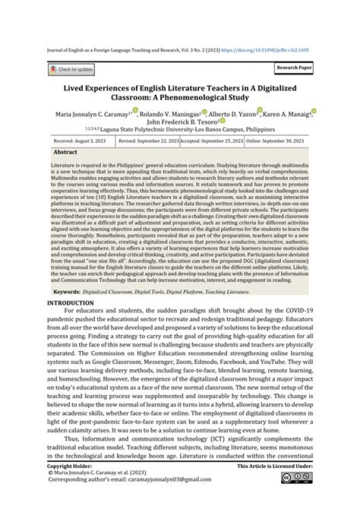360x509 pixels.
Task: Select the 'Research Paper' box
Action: [293, 67]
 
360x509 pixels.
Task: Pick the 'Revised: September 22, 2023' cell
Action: [148, 141]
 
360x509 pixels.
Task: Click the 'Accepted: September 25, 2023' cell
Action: [212, 141]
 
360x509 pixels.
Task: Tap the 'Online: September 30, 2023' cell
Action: [276, 141]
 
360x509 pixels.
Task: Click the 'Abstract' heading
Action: [65, 152]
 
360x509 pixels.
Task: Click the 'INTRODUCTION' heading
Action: [70, 303]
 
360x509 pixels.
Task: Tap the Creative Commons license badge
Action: [296, 477]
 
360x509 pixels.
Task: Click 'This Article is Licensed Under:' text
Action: [275, 465]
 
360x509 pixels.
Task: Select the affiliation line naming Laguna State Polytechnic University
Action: [180, 128]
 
